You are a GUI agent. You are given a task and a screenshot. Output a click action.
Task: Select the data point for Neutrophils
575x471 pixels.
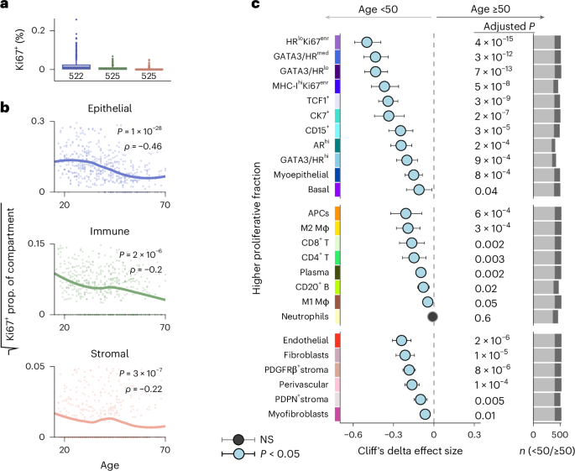point(433,317)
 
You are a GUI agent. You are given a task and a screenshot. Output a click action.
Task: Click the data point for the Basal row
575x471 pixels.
point(419,190)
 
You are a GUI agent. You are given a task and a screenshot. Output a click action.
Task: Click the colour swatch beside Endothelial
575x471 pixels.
point(337,340)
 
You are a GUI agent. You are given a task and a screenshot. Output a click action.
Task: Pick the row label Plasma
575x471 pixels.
point(312,272)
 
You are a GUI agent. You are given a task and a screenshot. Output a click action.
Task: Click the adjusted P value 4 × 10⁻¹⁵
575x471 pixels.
point(499,42)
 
